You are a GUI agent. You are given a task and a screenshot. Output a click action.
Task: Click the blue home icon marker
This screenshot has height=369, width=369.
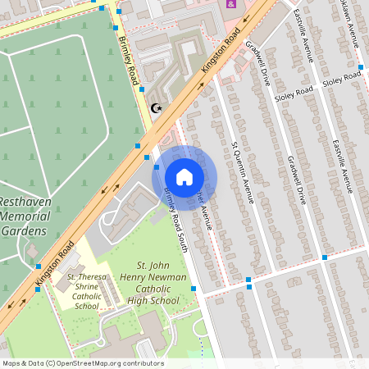pyautogui.click(x=184, y=177)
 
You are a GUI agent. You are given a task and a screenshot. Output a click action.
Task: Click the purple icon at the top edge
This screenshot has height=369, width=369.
pyautogui.click(x=231, y=4)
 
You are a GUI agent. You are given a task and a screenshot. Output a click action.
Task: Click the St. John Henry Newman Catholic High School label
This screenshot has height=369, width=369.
pyautogui.click(x=157, y=283)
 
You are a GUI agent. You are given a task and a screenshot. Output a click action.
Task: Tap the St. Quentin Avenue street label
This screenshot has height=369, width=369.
pyautogui.click(x=243, y=171)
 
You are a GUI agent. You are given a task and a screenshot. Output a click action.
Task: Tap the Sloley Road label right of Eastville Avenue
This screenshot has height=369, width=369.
pyautogui.click(x=341, y=80)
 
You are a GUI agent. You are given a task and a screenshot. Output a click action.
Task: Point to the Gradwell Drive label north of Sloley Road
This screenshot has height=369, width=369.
pyautogui.click(x=257, y=63)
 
